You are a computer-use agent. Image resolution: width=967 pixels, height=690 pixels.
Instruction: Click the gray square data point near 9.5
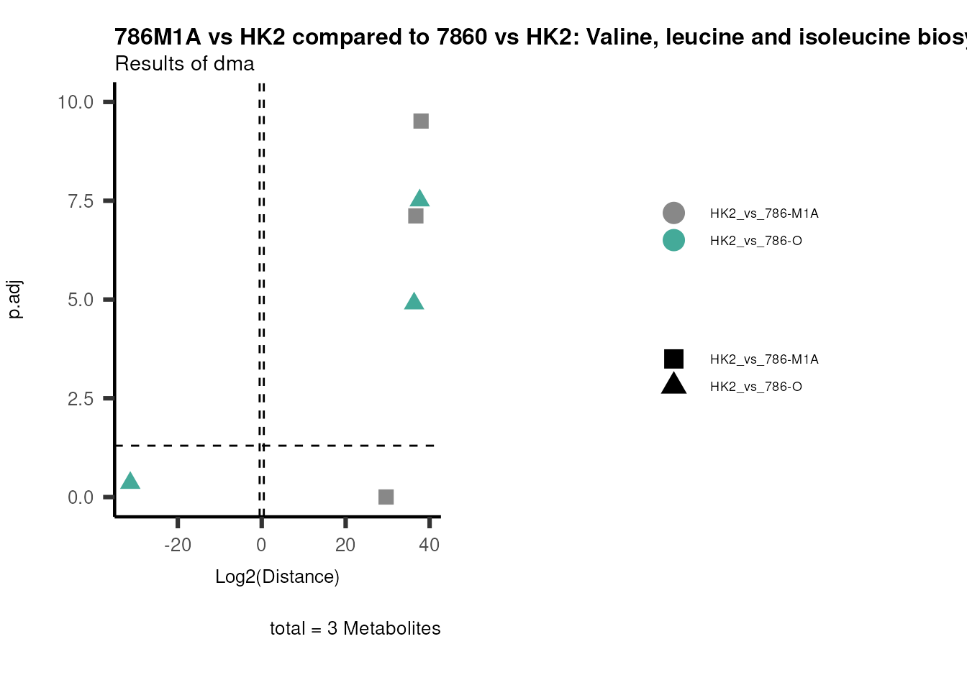(421, 121)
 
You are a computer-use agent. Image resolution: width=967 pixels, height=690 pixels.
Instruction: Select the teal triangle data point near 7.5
(420, 199)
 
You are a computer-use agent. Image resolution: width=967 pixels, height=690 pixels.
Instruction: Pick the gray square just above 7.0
(416, 216)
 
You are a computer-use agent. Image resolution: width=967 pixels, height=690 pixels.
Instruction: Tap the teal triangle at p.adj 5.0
(414, 302)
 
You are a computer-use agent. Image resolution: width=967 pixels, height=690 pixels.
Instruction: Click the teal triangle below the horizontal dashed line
(130, 481)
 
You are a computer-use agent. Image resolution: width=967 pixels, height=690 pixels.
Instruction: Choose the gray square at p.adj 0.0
(386, 497)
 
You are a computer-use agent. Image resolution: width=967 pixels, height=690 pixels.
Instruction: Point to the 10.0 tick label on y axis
(76, 102)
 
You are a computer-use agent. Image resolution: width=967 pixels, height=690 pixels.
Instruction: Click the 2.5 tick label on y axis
(81, 398)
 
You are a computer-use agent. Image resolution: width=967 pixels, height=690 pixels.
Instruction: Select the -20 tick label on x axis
(178, 545)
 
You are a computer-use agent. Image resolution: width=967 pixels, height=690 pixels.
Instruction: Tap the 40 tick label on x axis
(429, 545)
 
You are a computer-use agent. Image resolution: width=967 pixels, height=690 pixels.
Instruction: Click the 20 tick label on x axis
(345, 545)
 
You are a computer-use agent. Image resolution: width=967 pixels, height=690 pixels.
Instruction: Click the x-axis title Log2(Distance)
(277, 576)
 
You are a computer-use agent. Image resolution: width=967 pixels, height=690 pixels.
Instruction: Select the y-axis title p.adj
(16, 299)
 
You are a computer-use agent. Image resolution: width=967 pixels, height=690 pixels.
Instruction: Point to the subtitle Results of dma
(185, 64)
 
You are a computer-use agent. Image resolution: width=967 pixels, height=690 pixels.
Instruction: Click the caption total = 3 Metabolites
(355, 628)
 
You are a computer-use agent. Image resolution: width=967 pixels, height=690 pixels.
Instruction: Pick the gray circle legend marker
(673, 213)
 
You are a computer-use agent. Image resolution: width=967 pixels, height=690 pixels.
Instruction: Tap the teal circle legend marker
(673, 240)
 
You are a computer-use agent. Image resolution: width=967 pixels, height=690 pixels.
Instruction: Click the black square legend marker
(673, 359)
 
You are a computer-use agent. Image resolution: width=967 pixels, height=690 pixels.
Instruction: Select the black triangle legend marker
(673, 385)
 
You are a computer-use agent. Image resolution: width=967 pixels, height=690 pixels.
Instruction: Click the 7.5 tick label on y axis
(81, 201)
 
